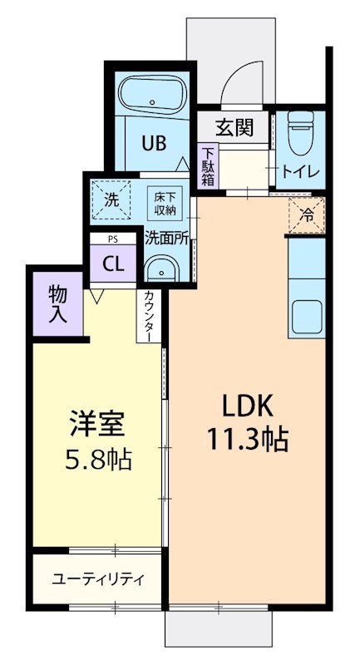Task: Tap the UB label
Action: pyautogui.click(x=153, y=142)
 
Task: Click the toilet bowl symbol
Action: pyautogui.click(x=298, y=132)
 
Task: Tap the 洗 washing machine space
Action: pyautogui.click(x=111, y=199)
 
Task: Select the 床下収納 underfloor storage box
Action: pyautogui.click(x=163, y=203)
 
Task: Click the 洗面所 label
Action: pyautogui.click(x=166, y=237)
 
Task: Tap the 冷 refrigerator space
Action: pyautogui.click(x=306, y=215)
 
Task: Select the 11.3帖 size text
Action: pyautogui.click(x=248, y=439)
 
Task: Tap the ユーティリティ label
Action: pyautogui.click(x=98, y=579)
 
